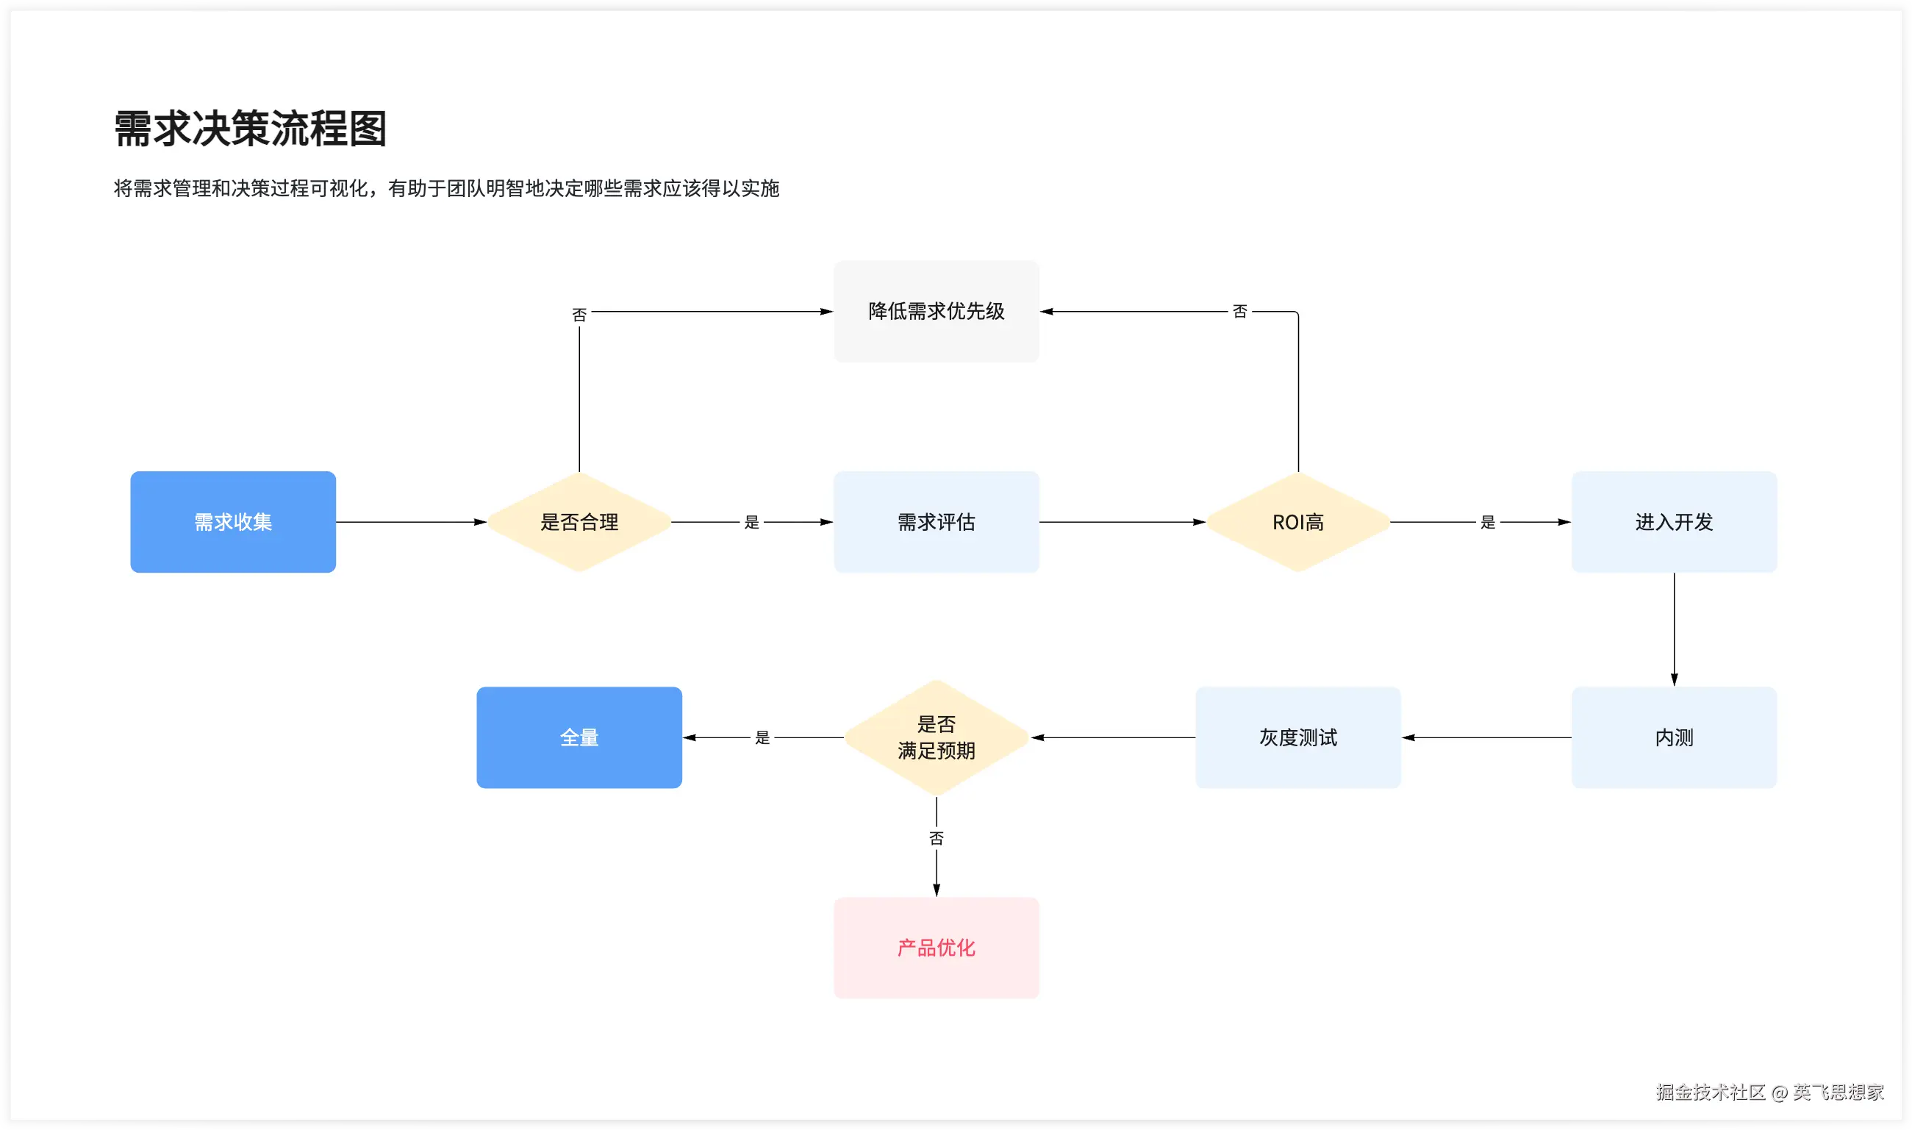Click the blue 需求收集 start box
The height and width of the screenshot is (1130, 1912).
[233, 521]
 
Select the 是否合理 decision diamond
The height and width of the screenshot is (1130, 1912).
[579, 521]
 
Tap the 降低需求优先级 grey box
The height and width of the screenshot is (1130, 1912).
[937, 311]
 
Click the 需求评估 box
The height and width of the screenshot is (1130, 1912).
[937, 521]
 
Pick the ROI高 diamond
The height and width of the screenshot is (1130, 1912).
[1297, 521]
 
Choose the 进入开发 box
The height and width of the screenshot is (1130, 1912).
[1674, 521]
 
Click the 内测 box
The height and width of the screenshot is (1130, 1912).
[1674, 737]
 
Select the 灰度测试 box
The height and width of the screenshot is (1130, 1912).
[1297, 737]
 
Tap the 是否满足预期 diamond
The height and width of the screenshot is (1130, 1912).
[937, 737]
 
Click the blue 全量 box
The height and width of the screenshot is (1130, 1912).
[579, 737]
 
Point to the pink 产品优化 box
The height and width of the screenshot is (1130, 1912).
[937, 947]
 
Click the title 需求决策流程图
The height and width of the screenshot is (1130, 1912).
[251, 128]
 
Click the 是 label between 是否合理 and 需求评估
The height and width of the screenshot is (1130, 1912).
[751, 521]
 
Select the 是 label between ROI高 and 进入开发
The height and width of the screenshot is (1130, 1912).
[1487, 521]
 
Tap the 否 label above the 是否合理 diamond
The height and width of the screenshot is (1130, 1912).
[579, 315]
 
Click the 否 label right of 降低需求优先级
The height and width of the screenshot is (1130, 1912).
[1240, 311]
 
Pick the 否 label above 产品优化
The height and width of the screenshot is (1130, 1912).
[937, 837]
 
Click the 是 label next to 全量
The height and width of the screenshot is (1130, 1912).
[762, 737]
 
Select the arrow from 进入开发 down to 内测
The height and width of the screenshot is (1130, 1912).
[1674, 628]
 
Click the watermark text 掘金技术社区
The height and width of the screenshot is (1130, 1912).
[1711, 1092]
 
